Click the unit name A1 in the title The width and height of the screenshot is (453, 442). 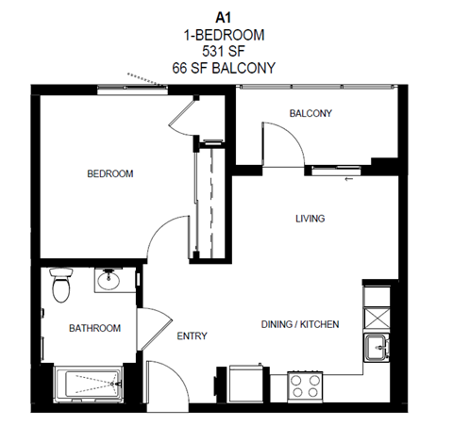pos(224,16)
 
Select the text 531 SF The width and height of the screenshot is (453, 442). pos(224,51)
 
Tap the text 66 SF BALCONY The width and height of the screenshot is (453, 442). pos(224,68)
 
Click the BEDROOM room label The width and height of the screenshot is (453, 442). pos(110,174)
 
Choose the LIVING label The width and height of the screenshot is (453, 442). pos(310,219)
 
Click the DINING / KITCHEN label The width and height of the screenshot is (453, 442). pos(299,325)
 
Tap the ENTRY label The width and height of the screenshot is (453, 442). pos(192,336)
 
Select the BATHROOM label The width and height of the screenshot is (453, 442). pos(94,328)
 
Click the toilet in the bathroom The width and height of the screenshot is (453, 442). pos(62,284)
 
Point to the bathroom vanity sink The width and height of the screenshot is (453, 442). pos(110,280)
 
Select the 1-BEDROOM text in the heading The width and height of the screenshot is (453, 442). pos(224,34)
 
